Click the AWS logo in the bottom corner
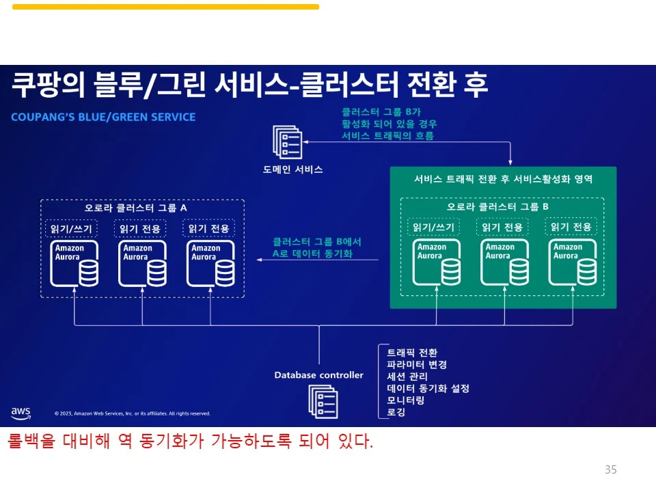pyautogui.click(x=20, y=412)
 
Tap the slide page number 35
pyautogui.click(x=611, y=469)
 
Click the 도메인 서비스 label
pyautogui.click(x=293, y=169)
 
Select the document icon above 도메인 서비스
pyautogui.click(x=287, y=142)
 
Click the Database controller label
pyautogui.click(x=319, y=374)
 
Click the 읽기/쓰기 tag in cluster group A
pyautogui.click(x=71, y=228)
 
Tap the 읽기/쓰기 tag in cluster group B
pyautogui.click(x=433, y=227)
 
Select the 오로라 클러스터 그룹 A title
pyautogui.click(x=136, y=207)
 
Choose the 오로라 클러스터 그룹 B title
pyautogui.click(x=498, y=206)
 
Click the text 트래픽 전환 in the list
pyautogui.click(x=412, y=353)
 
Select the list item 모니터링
pyautogui.click(x=406, y=400)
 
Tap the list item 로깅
pyautogui.click(x=396, y=412)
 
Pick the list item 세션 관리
pyautogui.click(x=407, y=377)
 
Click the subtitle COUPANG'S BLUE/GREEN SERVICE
pyautogui.click(x=103, y=117)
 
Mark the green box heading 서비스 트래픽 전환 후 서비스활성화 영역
pyautogui.click(x=503, y=179)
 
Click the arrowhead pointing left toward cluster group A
pyautogui.click(x=260, y=260)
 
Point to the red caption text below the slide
pyautogui.click(x=191, y=441)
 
